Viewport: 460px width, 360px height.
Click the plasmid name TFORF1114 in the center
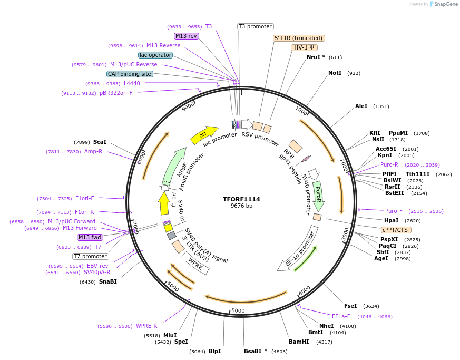[x=241, y=199]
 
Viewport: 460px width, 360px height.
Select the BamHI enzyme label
[x=299, y=342]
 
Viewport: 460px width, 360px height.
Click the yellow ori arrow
[x=204, y=135]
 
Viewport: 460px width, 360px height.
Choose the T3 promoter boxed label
[x=255, y=26]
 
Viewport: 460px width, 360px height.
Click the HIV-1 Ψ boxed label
[x=305, y=47]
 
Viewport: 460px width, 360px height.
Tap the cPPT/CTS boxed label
[x=396, y=230]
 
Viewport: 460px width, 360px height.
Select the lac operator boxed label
[x=155, y=55]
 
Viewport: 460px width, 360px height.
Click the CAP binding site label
[x=130, y=74]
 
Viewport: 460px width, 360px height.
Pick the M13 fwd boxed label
[x=90, y=237]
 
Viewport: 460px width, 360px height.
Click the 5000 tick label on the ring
[x=238, y=310]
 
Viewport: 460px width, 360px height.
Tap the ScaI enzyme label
[x=100, y=142]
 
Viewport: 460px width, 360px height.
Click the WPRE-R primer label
[x=146, y=326]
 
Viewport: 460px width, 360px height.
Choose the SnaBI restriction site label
[x=108, y=282]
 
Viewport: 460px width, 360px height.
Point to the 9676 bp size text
[x=241, y=206]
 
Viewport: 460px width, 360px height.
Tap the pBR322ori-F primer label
[x=116, y=93]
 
